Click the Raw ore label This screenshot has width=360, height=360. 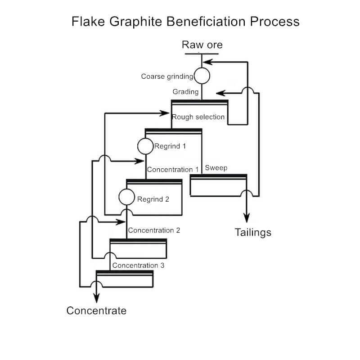click(x=202, y=45)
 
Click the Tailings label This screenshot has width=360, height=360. click(x=253, y=233)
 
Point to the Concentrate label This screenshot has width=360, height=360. click(x=96, y=310)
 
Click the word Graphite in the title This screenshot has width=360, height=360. click(x=136, y=22)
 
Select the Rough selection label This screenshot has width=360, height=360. click(x=198, y=117)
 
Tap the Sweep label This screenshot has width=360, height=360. click(x=216, y=168)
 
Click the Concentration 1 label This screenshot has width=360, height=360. click(x=173, y=170)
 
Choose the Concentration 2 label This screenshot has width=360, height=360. click(x=154, y=230)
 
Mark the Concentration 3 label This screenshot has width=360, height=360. click(x=138, y=265)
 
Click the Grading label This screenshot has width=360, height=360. click(x=185, y=92)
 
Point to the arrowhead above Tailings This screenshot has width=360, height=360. click(x=247, y=218)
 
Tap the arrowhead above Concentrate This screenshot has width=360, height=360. click(x=97, y=298)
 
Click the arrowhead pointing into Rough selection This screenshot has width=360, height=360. click(x=164, y=113)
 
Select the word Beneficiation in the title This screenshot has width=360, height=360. click(x=206, y=21)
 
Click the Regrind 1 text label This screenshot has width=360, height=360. click(x=170, y=146)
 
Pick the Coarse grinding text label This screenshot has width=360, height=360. click(x=167, y=76)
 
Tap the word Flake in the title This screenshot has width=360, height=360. click(x=88, y=21)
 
